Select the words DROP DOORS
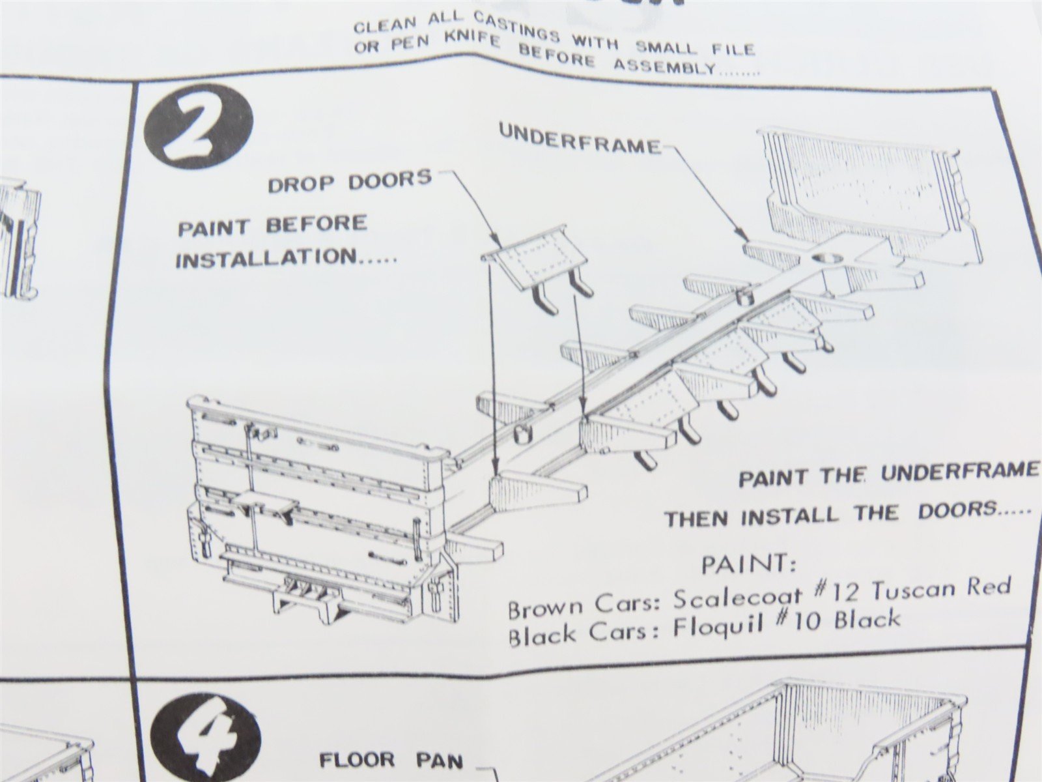[x=350, y=181]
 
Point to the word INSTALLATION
[x=266, y=258]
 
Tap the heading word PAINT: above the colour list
[x=749, y=564]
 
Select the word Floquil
[x=718, y=627]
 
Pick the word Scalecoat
[x=737, y=600]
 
